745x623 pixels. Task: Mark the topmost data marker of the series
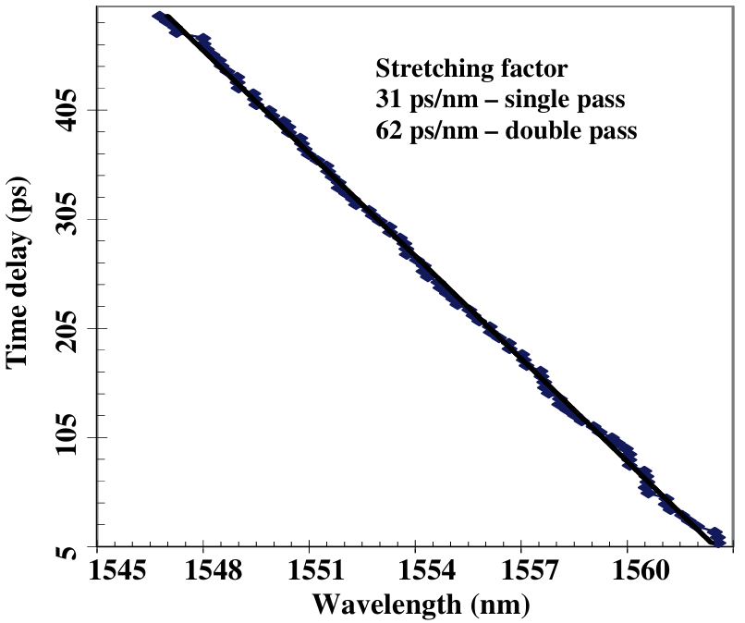160,18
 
